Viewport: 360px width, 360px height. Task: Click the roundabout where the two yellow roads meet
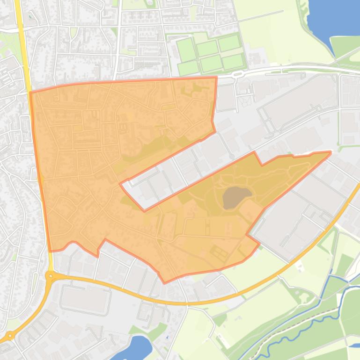click(x=50, y=276)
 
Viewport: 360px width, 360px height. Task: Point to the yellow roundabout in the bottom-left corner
click(x=9, y=335)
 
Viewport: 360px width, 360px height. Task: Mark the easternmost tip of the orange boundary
click(x=331, y=152)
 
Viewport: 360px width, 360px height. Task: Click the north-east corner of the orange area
click(x=216, y=78)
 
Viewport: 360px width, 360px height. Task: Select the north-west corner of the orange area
click(x=30, y=93)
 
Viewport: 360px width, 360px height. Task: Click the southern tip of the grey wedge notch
click(x=144, y=211)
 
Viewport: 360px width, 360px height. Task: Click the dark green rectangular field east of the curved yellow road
click(x=345, y=265)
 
